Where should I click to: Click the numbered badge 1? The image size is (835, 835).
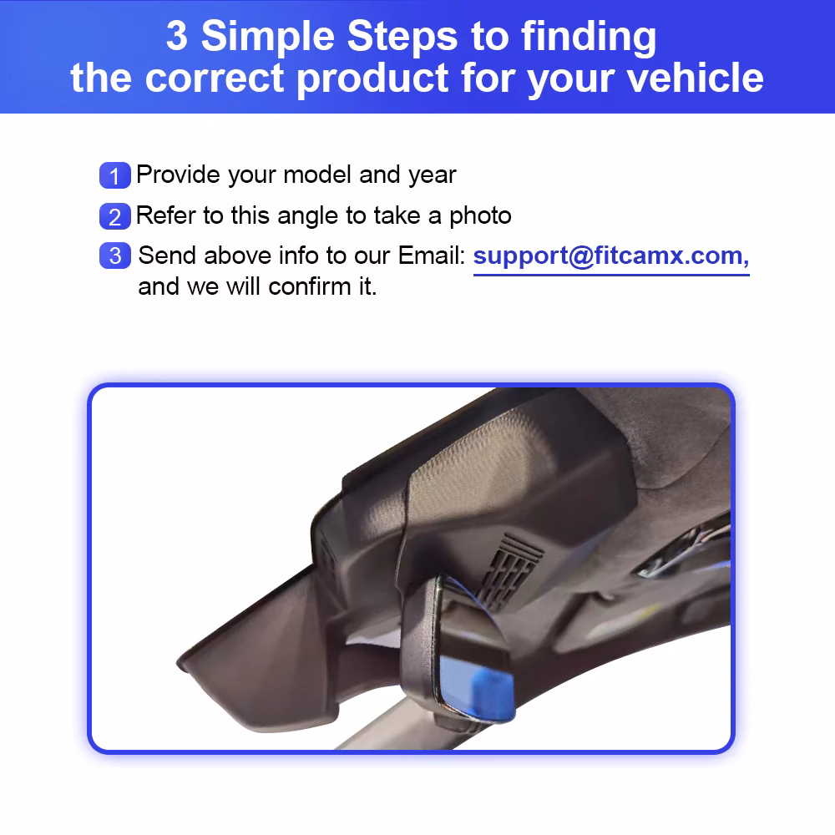[x=115, y=175]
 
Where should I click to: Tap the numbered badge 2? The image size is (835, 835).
[x=115, y=216]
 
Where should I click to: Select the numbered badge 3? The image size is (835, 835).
[x=115, y=256]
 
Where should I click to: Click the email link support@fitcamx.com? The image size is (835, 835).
[x=611, y=256]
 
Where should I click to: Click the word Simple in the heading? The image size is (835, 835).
[x=268, y=37]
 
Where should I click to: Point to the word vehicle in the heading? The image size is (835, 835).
[x=695, y=78]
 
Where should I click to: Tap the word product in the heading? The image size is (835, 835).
[x=372, y=78]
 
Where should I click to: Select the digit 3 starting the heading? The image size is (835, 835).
[x=177, y=36]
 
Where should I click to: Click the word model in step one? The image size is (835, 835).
[x=316, y=175]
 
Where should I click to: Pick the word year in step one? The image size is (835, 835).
[x=433, y=176]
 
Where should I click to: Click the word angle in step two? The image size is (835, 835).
[x=307, y=217]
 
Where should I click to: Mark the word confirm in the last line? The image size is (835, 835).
[x=309, y=286]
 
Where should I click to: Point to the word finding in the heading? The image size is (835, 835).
[x=589, y=38]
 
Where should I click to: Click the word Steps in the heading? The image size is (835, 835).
[x=402, y=38]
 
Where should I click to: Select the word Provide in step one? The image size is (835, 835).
[x=178, y=175]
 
